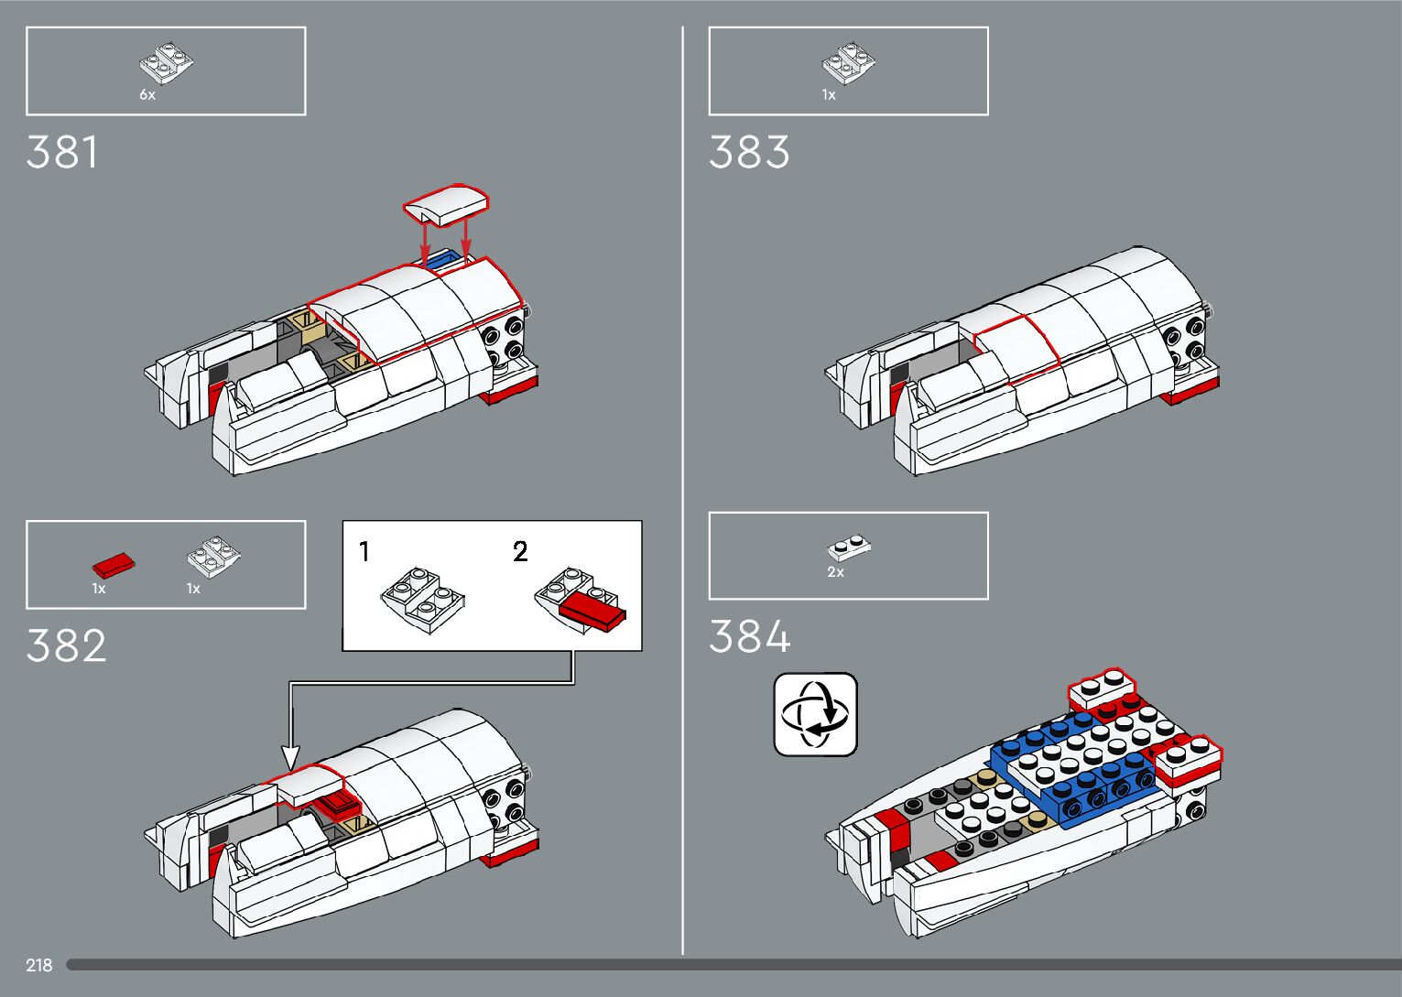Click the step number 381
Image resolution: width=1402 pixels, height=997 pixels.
(x=62, y=153)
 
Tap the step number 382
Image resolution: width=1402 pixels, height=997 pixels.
(x=66, y=646)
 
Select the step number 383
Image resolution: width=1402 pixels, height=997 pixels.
(x=749, y=153)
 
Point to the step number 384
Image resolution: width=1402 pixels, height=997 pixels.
(x=749, y=637)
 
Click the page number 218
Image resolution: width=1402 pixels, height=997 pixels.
(x=39, y=965)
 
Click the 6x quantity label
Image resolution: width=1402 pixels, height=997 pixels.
(x=147, y=95)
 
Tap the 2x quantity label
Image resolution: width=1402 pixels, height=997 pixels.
(x=835, y=572)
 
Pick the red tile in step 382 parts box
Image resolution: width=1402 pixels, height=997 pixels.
(x=114, y=564)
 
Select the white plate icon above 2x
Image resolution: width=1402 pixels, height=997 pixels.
(x=849, y=547)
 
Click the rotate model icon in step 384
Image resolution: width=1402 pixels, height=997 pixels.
(x=816, y=714)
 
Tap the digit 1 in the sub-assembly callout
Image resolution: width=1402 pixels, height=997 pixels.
(x=364, y=552)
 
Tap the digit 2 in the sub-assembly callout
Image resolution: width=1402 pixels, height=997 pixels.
(x=520, y=552)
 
